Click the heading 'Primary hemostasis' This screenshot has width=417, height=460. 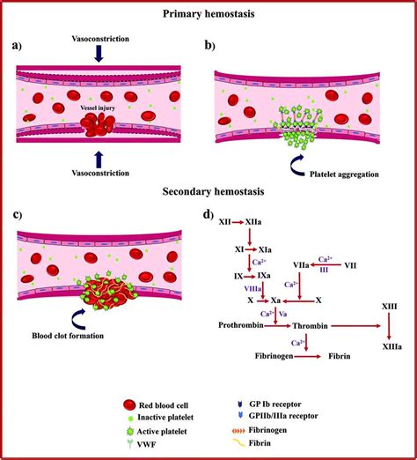pos(208,13)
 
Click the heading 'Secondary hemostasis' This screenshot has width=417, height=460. pos(208,189)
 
